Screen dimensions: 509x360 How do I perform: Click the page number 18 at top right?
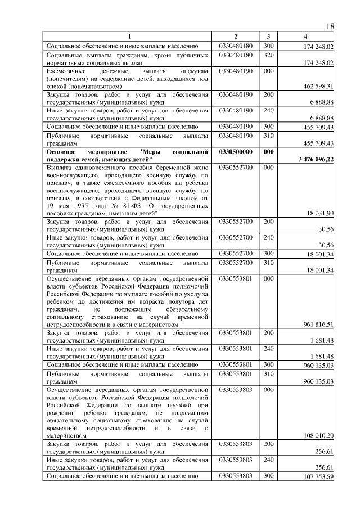[x=330, y=27]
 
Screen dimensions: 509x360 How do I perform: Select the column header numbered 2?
[x=236, y=37]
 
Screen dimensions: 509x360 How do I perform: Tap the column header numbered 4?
[x=305, y=37]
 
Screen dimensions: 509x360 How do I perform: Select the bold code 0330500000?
[x=236, y=152]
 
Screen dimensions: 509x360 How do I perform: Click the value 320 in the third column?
[x=268, y=55]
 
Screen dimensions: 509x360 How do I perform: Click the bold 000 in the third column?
[x=268, y=152]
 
